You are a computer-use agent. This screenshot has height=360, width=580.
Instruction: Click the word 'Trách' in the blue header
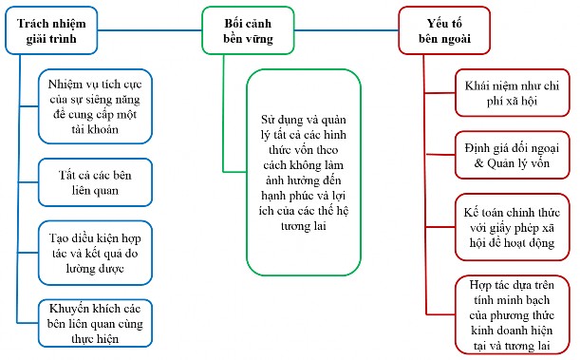click(34, 22)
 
